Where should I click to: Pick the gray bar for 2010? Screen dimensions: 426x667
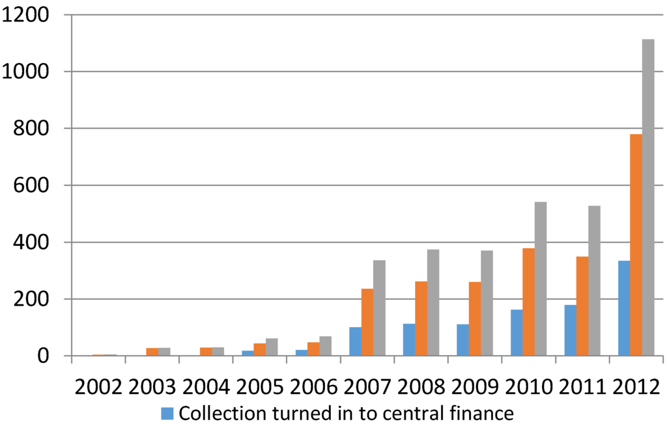point(541,279)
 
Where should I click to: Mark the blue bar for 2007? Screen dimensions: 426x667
point(355,341)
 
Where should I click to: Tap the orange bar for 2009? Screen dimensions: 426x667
point(474,319)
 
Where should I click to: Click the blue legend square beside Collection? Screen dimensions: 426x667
point(167,413)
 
